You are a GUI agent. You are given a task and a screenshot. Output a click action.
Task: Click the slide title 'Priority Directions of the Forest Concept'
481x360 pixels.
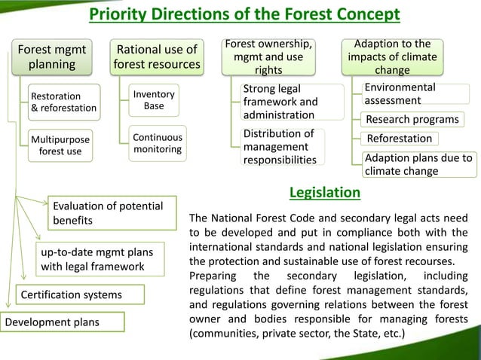(x=244, y=15)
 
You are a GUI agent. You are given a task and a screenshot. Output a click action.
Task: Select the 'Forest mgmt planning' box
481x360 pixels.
(x=52, y=56)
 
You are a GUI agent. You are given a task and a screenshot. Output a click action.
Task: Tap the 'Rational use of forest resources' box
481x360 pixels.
(x=157, y=56)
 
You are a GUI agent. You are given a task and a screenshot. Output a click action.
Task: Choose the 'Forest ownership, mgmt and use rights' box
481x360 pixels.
(x=268, y=56)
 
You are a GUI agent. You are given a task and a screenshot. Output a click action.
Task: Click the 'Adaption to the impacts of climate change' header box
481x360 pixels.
(x=392, y=56)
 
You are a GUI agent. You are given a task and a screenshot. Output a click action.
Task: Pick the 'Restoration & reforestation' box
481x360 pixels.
(x=63, y=102)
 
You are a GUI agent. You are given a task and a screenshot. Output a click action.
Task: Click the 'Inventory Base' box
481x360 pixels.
(x=154, y=100)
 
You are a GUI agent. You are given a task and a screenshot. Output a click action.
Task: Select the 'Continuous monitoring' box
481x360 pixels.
(x=157, y=143)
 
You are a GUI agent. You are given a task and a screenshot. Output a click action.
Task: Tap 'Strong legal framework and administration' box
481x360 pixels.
(x=280, y=102)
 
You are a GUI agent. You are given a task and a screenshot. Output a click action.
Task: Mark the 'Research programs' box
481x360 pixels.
(x=412, y=119)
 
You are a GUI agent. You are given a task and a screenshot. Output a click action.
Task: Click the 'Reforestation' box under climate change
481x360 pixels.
(x=400, y=139)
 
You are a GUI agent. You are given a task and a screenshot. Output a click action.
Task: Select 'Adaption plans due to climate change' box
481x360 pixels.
(x=418, y=164)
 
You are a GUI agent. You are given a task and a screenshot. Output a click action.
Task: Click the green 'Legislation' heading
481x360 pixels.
(x=325, y=194)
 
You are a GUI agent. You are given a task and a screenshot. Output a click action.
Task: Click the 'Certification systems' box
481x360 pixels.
(x=71, y=294)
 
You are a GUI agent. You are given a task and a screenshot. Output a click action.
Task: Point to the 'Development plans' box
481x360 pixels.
(x=52, y=323)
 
